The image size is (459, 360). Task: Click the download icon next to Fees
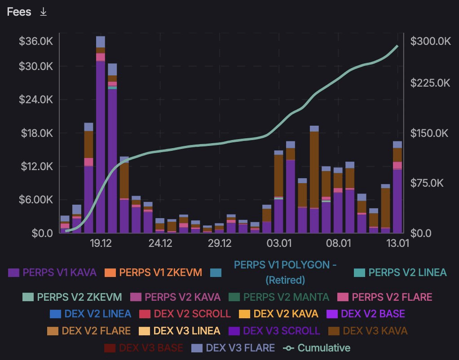[x=43, y=12]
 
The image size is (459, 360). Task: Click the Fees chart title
[x=19, y=12]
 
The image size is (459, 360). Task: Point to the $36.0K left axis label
[x=36, y=41]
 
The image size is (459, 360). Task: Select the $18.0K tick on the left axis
[x=36, y=133]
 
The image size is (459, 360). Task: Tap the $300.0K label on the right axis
[x=430, y=41]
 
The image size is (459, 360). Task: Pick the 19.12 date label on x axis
[x=101, y=243]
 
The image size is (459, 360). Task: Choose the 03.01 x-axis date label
[x=278, y=243]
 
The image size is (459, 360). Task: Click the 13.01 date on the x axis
[x=397, y=243]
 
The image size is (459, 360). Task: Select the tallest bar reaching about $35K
[x=101, y=135]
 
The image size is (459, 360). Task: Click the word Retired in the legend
[x=285, y=280]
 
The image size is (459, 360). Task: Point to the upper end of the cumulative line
[x=397, y=46]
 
